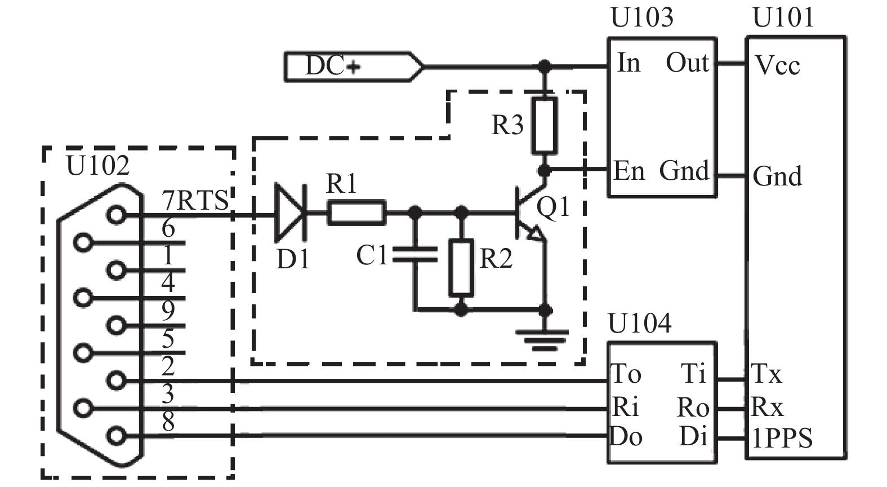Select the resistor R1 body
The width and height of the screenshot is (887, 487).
click(356, 213)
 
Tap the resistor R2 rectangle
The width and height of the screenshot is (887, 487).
click(461, 268)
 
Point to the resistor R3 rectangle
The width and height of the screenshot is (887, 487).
click(545, 125)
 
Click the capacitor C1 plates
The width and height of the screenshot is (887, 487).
click(415, 254)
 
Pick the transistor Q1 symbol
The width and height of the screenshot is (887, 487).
click(531, 213)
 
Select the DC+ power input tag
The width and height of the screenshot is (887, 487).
click(354, 67)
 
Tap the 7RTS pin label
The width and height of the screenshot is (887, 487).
click(195, 200)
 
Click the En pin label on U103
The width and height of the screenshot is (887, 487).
click(629, 171)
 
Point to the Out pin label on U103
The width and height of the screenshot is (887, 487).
click(687, 63)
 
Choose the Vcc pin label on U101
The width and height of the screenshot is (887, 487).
click(777, 65)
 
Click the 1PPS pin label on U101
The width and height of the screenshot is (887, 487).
click(782, 438)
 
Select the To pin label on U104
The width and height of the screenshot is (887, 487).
click(626, 373)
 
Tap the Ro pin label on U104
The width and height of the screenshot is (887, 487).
click(693, 408)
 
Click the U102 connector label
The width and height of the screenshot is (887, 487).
click(98, 166)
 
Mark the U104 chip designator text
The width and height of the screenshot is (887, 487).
click(640, 324)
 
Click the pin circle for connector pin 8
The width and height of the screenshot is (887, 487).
click(117, 436)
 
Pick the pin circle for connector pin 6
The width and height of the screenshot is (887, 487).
click(83, 242)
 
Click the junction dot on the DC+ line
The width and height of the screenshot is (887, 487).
click(545, 67)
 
